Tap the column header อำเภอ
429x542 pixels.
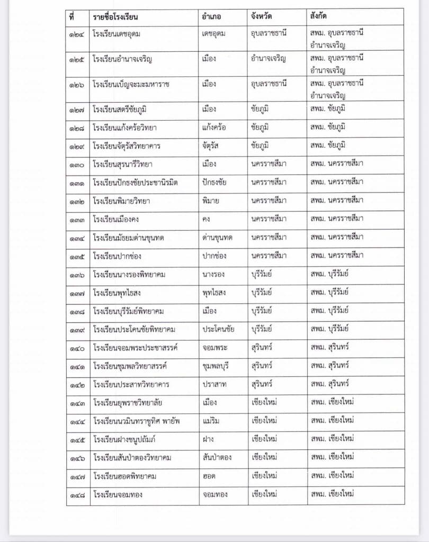click(211, 16)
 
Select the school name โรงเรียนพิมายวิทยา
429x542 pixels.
click(121, 201)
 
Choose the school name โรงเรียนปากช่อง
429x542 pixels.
click(117, 256)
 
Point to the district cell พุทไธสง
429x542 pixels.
click(214, 293)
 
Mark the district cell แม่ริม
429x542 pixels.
click(211, 420)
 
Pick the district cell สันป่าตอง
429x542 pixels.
click(217, 457)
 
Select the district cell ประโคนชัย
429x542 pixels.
click(218, 329)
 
